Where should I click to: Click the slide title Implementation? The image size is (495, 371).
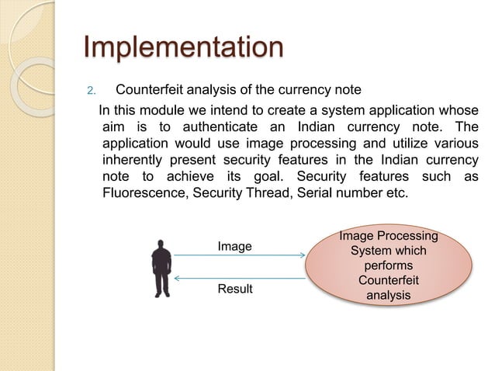point(183,47)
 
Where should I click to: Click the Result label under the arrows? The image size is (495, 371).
point(234,289)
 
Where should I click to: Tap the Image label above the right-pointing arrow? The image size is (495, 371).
point(234,246)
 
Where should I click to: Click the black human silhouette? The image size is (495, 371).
point(161,268)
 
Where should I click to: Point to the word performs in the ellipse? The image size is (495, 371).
point(389,265)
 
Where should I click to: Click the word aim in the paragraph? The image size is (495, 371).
point(115,127)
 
